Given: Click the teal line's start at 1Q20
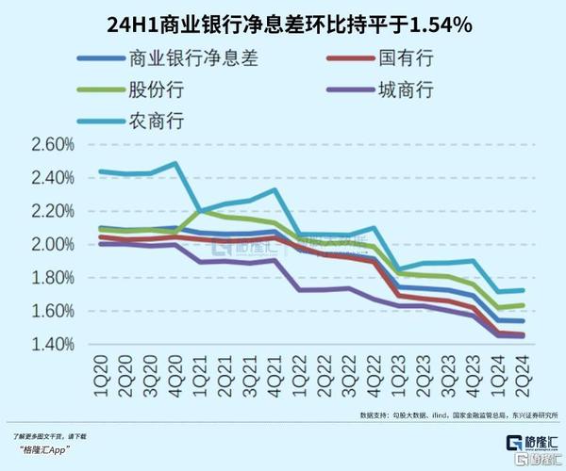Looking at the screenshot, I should tap(100, 171).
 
